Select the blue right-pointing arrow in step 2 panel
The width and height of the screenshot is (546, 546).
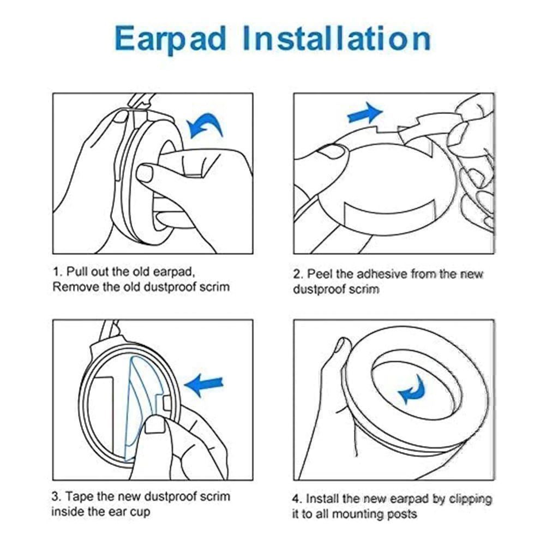pos(365,114)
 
